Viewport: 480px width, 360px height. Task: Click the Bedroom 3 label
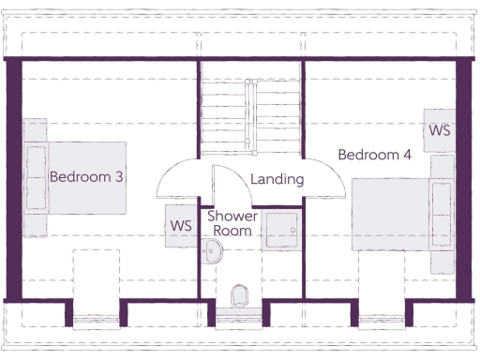point(87,176)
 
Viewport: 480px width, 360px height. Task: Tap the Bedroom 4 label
point(374,155)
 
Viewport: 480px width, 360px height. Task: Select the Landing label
point(277,179)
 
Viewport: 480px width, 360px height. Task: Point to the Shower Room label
point(232,223)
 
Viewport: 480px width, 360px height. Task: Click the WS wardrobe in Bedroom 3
point(181,227)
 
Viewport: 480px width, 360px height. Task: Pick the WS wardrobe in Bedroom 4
point(439,130)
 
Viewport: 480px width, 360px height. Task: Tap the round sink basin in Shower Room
point(214,249)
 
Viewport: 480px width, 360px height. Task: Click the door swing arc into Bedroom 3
point(175,178)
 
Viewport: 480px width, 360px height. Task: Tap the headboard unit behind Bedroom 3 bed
point(36,178)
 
